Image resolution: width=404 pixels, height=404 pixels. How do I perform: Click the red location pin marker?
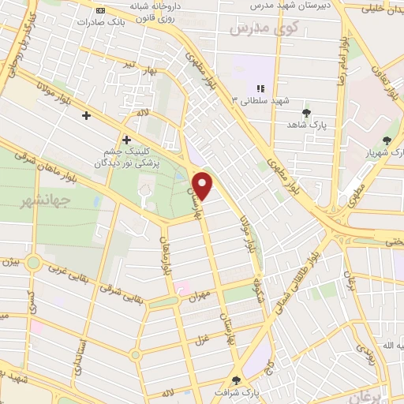pyautogui.click(x=204, y=185)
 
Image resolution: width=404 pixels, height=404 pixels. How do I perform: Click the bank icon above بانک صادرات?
pyautogui.click(x=100, y=10)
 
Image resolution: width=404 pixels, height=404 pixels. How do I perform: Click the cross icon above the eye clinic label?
pyautogui.click(x=125, y=139)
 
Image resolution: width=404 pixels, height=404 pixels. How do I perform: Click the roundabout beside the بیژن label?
pyautogui.click(x=33, y=263)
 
